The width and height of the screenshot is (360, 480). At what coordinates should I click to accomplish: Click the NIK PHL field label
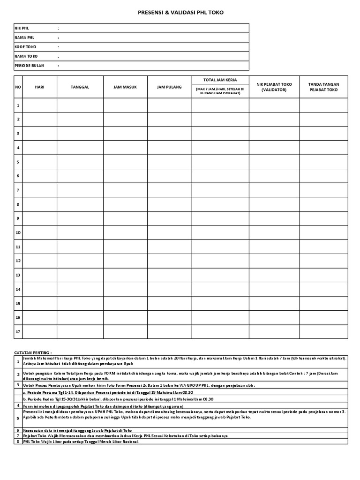22,28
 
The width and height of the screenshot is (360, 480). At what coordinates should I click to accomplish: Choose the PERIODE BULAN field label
29,66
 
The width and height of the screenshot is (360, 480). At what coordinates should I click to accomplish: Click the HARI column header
39,87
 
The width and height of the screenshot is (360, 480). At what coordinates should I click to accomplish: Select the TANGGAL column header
80,87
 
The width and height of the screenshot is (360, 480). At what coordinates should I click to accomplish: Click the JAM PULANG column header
169,87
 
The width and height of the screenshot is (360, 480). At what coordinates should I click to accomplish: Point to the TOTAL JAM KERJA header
220,80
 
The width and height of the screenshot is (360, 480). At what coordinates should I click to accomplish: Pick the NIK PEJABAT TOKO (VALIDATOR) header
274,87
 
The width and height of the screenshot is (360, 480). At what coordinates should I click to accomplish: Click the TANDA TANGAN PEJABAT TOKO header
323,87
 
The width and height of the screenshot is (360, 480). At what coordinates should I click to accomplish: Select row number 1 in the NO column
18,105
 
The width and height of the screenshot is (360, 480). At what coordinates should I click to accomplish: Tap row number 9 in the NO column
18,218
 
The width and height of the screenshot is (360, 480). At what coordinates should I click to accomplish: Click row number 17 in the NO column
18,331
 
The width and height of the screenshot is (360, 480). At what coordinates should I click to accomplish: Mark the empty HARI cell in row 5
39,162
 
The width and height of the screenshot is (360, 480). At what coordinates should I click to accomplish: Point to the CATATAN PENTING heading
32,352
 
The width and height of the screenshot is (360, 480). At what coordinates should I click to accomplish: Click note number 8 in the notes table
18,441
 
